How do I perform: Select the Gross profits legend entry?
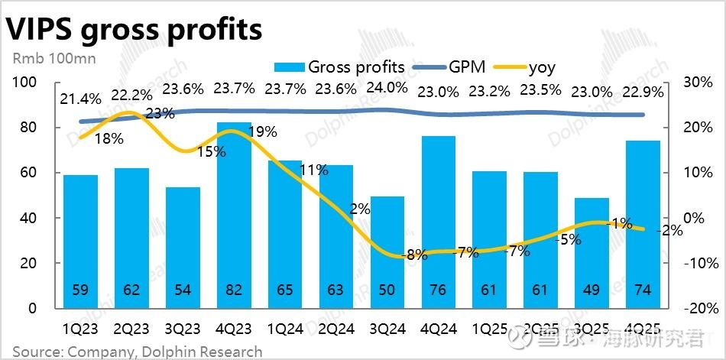coord(344,66)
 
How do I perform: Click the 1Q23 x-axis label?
coord(81,330)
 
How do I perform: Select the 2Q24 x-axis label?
coord(337,330)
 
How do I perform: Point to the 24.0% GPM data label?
coord(388,87)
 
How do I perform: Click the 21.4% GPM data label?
coord(82,99)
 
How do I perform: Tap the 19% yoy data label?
coord(262,131)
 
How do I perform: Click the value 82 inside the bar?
coord(235,290)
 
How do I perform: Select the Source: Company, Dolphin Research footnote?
coord(138,352)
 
